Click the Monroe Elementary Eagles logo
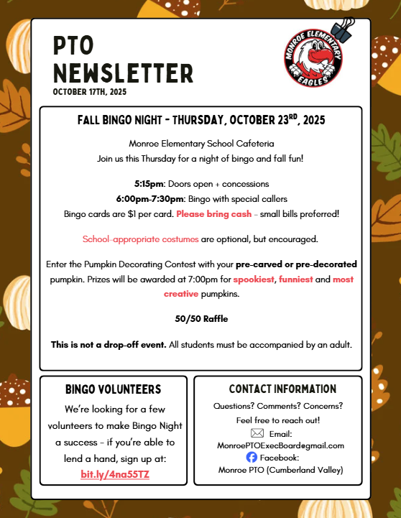click(313, 61)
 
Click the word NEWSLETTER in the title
click(124, 73)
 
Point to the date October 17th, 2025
click(89, 92)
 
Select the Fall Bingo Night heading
click(201, 121)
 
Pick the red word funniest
click(296, 279)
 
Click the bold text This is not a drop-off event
click(109, 345)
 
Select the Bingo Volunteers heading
click(113, 389)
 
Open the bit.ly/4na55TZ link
click(114, 475)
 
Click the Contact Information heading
click(282, 389)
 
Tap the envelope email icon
click(257, 433)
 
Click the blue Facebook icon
click(252, 457)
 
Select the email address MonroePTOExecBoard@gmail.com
click(280, 445)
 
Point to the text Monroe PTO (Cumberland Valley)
click(280, 470)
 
